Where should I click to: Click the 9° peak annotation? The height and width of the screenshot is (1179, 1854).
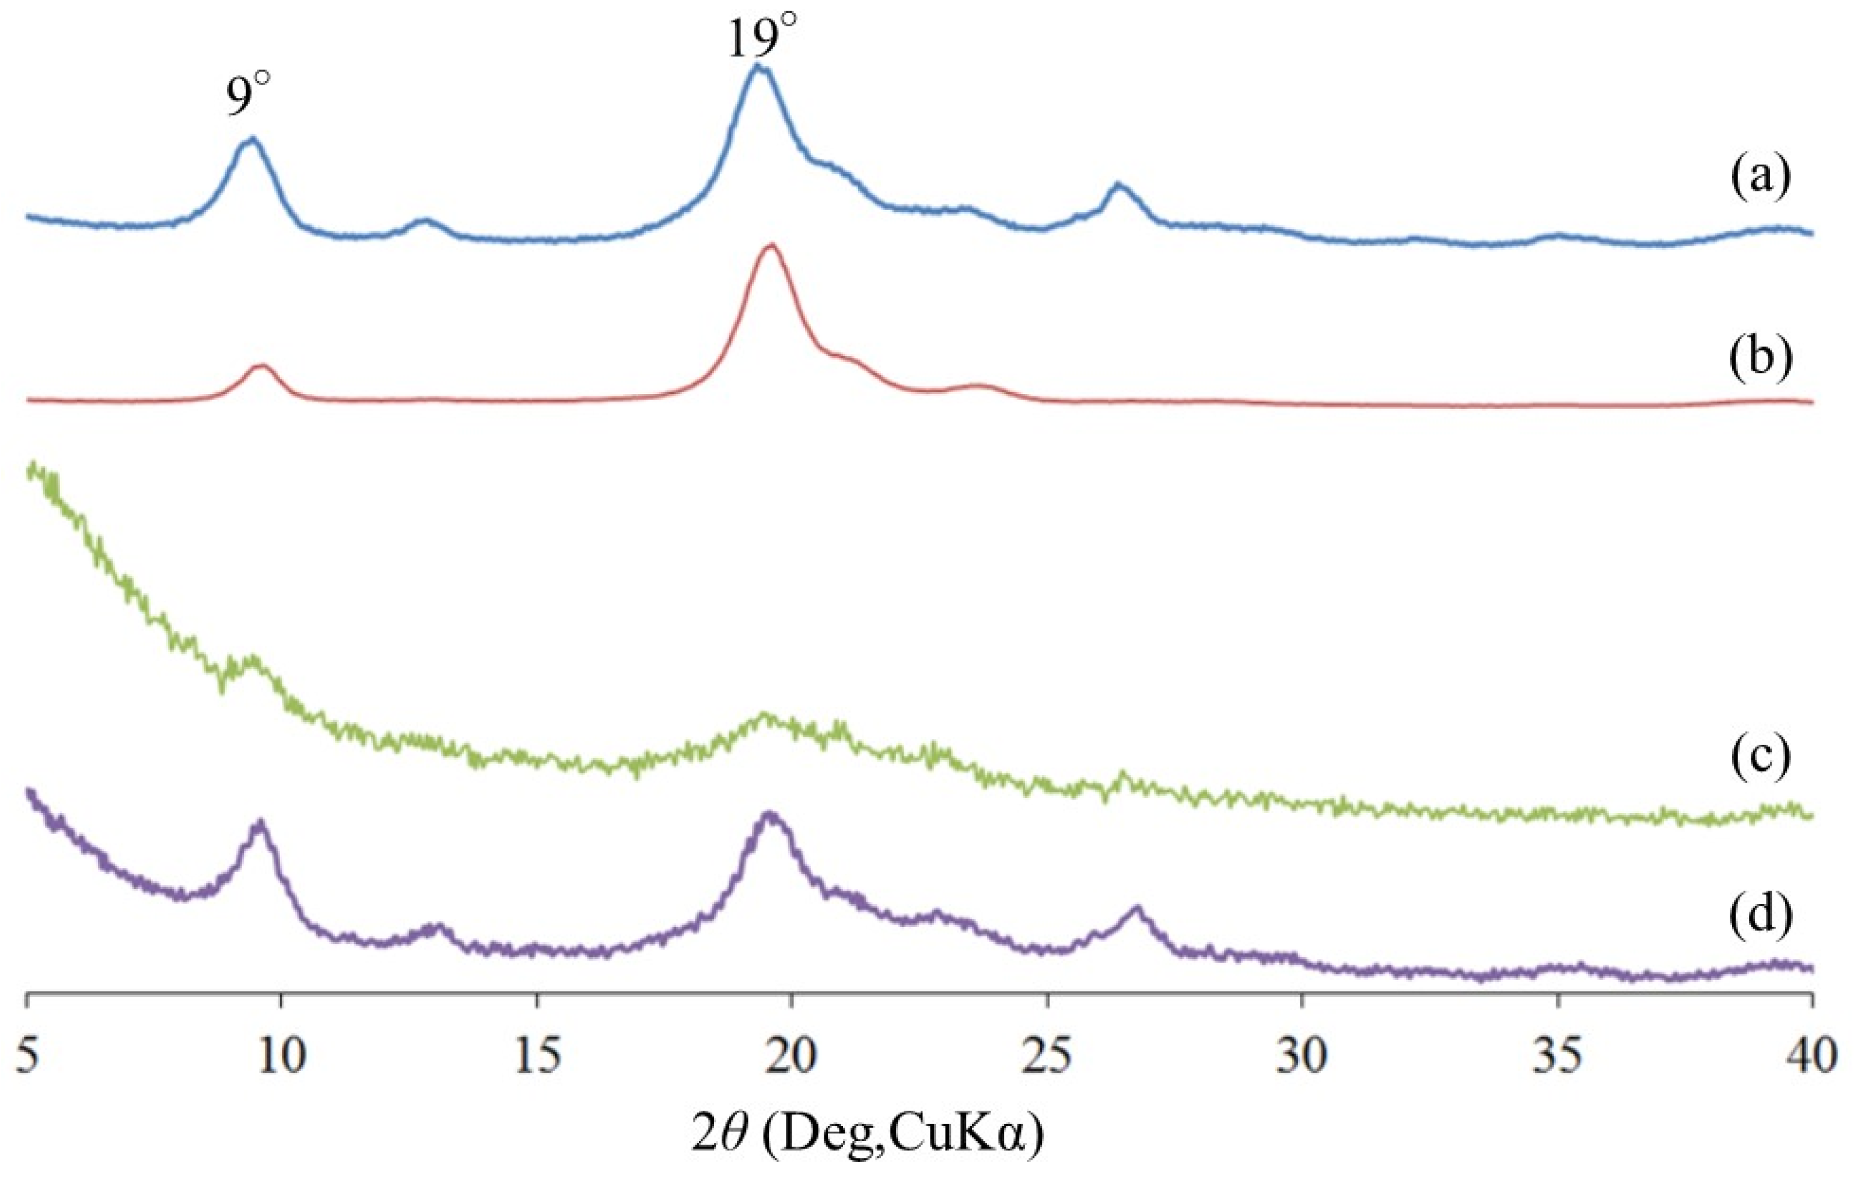coord(249,98)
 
